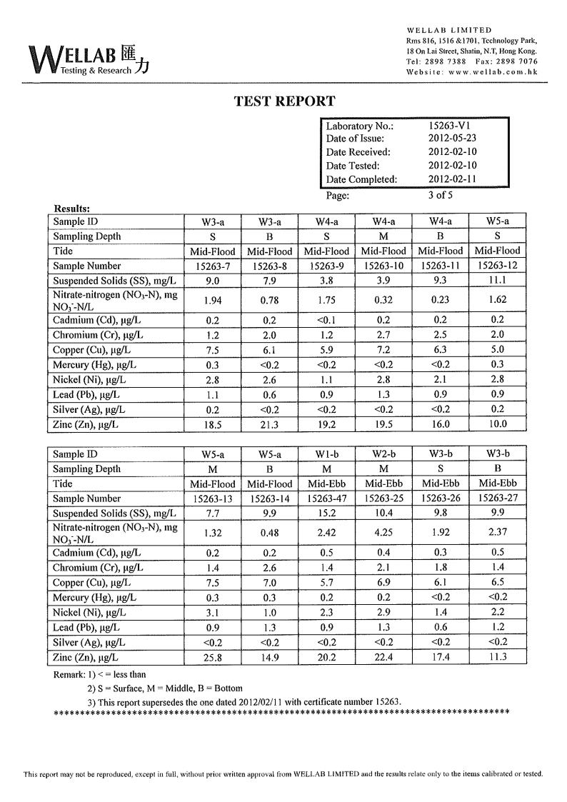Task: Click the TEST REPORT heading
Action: (x=284, y=101)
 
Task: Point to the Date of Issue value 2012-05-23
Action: (x=452, y=139)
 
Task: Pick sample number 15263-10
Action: (x=383, y=266)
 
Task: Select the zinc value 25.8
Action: (x=213, y=657)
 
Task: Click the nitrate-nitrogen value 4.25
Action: (x=383, y=531)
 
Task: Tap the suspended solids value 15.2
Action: (x=326, y=513)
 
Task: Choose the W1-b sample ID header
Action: (x=326, y=454)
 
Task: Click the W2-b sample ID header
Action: (x=383, y=454)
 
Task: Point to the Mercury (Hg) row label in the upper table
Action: (x=94, y=365)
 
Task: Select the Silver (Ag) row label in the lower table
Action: (x=89, y=643)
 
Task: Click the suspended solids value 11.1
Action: (x=497, y=281)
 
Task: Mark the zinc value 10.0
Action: (x=497, y=424)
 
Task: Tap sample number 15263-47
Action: (x=326, y=498)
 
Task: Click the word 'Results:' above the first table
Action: (x=72, y=209)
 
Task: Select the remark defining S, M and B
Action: (x=164, y=688)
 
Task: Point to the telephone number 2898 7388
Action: (x=447, y=61)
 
